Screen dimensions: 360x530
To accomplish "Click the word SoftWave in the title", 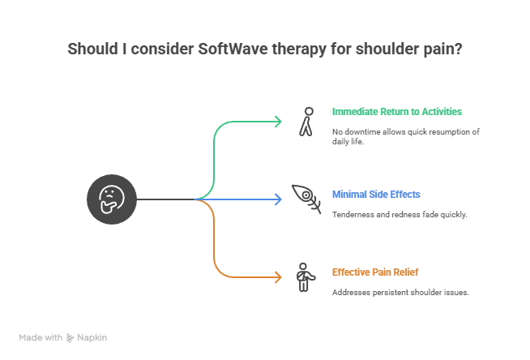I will click(x=229, y=49).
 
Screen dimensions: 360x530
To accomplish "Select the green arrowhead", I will click(x=278, y=122).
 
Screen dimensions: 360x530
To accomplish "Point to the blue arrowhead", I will click(x=278, y=199).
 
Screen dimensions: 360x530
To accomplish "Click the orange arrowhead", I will click(x=278, y=277).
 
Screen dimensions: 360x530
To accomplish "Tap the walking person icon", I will click(x=305, y=121).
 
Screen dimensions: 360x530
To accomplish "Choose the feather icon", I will click(x=303, y=199).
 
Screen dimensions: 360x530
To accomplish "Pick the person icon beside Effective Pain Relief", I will click(x=303, y=276).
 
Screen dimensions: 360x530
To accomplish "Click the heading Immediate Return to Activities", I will click(x=396, y=111).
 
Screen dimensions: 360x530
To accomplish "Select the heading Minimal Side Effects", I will click(x=376, y=195).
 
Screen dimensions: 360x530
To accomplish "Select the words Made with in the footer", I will click(x=41, y=336).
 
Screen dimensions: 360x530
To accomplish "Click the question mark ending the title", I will click(x=459, y=49).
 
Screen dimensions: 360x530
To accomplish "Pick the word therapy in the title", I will click(x=298, y=49).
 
